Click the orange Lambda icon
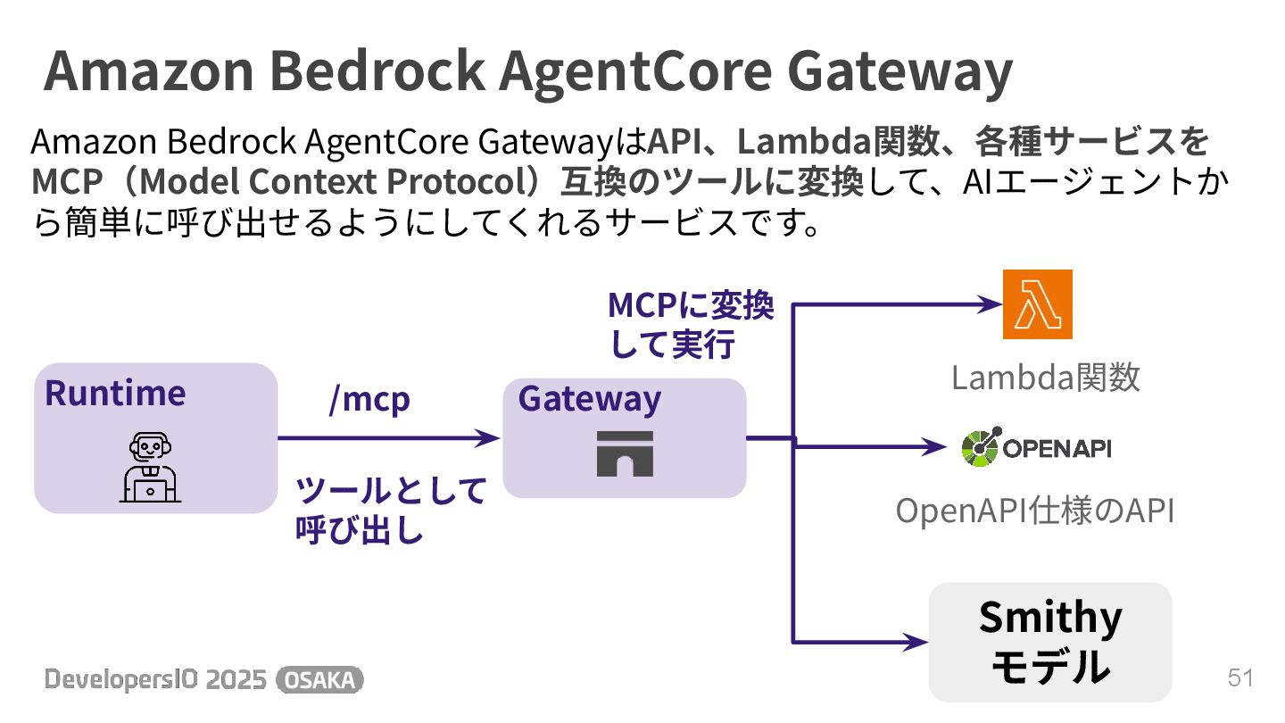pyautogui.click(x=1037, y=304)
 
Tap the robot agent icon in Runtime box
pyautogui.click(x=150, y=467)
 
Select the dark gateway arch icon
pyautogui.click(x=625, y=453)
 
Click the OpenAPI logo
pyautogui.click(x=1037, y=447)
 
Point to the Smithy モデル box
pyautogui.click(x=1049, y=642)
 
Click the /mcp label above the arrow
pyautogui.click(x=369, y=399)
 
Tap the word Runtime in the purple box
pyautogui.click(x=115, y=394)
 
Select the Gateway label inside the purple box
pyautogui.click(x=590, y=399)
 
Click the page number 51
pyautogui.click(x=1240, y=678)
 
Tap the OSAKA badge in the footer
pyautogui.click(x=319, y=680)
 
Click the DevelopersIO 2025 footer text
pyautogui.click(x=155, y=680)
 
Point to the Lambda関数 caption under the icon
pyautogui.click(x=1045, y=378)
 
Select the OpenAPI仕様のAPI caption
pyautogui.click(x=1035, y=511)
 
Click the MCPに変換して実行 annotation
pyautogui.click(x=691, y=325)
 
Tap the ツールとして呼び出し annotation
pyautogui.click(x=391, y=510)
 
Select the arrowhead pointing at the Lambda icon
pyautogui.click(x=989, y=304)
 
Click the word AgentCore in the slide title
pyautogui.click(x=635, y=71)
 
